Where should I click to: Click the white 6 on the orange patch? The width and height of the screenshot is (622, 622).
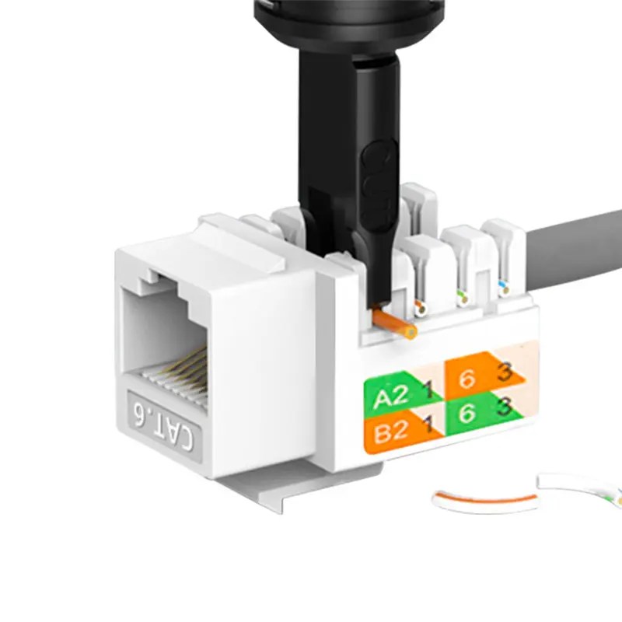[466, 379]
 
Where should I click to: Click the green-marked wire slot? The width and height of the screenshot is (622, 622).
[462, 296]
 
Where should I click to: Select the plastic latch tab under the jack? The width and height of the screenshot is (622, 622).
[257, 493]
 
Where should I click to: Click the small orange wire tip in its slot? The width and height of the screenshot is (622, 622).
[421, 308]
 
